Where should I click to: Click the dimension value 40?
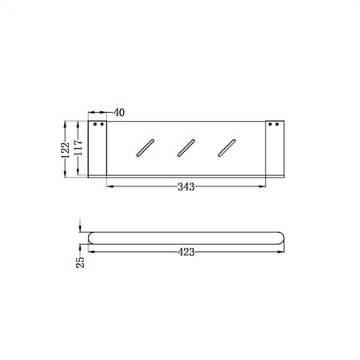click(x=118, y=113)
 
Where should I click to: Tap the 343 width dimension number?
click(x=186, y=186)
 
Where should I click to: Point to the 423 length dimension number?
click(x=187, y=250)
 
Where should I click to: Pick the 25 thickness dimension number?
click(x=81, y=262)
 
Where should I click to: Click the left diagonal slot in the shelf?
click(x=144, y=148)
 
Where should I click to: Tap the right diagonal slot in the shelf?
click(x=228, y=148)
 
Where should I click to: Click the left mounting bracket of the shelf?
click(x=98, y=147)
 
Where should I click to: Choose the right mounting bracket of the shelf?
click(x=274, y=147)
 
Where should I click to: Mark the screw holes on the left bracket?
click(x=99, y=126)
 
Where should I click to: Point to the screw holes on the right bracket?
click(x=274, y=126)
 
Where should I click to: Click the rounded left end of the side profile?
click(x=90, y=237)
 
